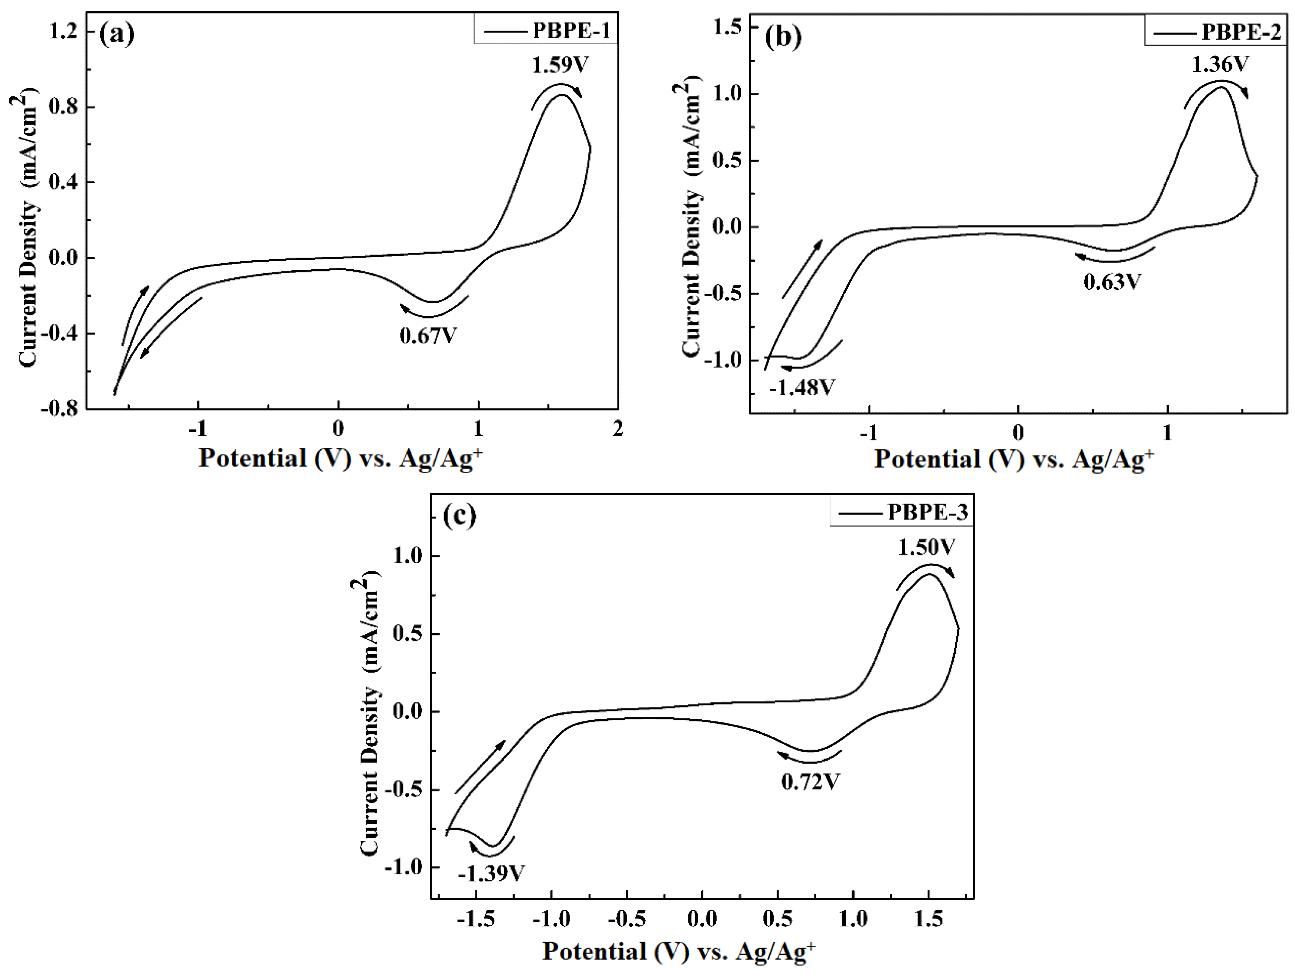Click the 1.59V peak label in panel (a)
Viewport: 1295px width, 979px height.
pos(560,64)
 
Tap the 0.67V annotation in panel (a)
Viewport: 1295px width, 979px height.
pos(428,336)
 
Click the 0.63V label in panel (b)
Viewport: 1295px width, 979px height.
pos(1112,282)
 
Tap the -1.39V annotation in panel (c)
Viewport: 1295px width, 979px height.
pos(491,874)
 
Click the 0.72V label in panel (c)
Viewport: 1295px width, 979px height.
pos(811,782)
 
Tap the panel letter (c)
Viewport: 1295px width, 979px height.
pos(460,516)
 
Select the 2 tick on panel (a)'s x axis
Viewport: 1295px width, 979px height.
pos(618,429)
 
